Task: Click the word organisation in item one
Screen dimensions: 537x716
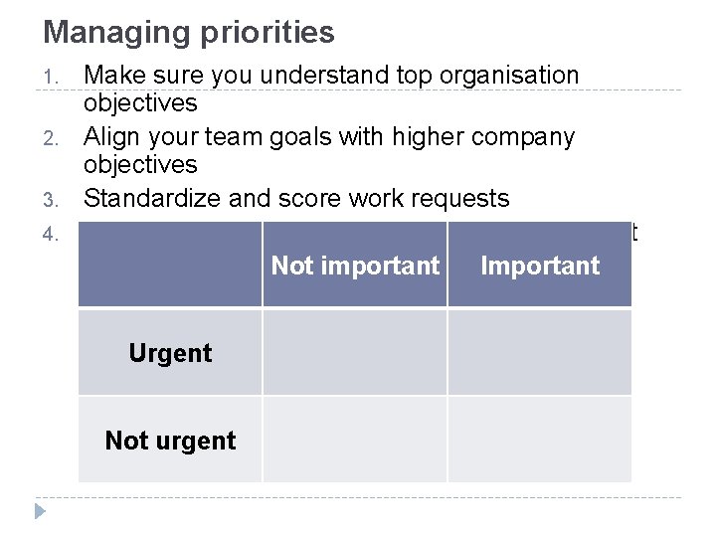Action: (508, 76)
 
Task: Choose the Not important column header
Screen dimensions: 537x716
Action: (355, 266)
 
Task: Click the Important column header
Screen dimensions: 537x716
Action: (540, 266)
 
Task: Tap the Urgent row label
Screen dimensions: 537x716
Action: (170, 353)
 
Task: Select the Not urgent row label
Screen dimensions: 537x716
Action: (170, 440)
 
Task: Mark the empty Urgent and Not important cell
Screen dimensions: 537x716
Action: (355, 353)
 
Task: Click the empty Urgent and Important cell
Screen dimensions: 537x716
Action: (540, 353)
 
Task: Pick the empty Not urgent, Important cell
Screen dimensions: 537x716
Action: (540, 440)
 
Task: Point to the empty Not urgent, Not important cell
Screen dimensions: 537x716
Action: (355, 440)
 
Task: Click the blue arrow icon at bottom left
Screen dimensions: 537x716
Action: (40, 511)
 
